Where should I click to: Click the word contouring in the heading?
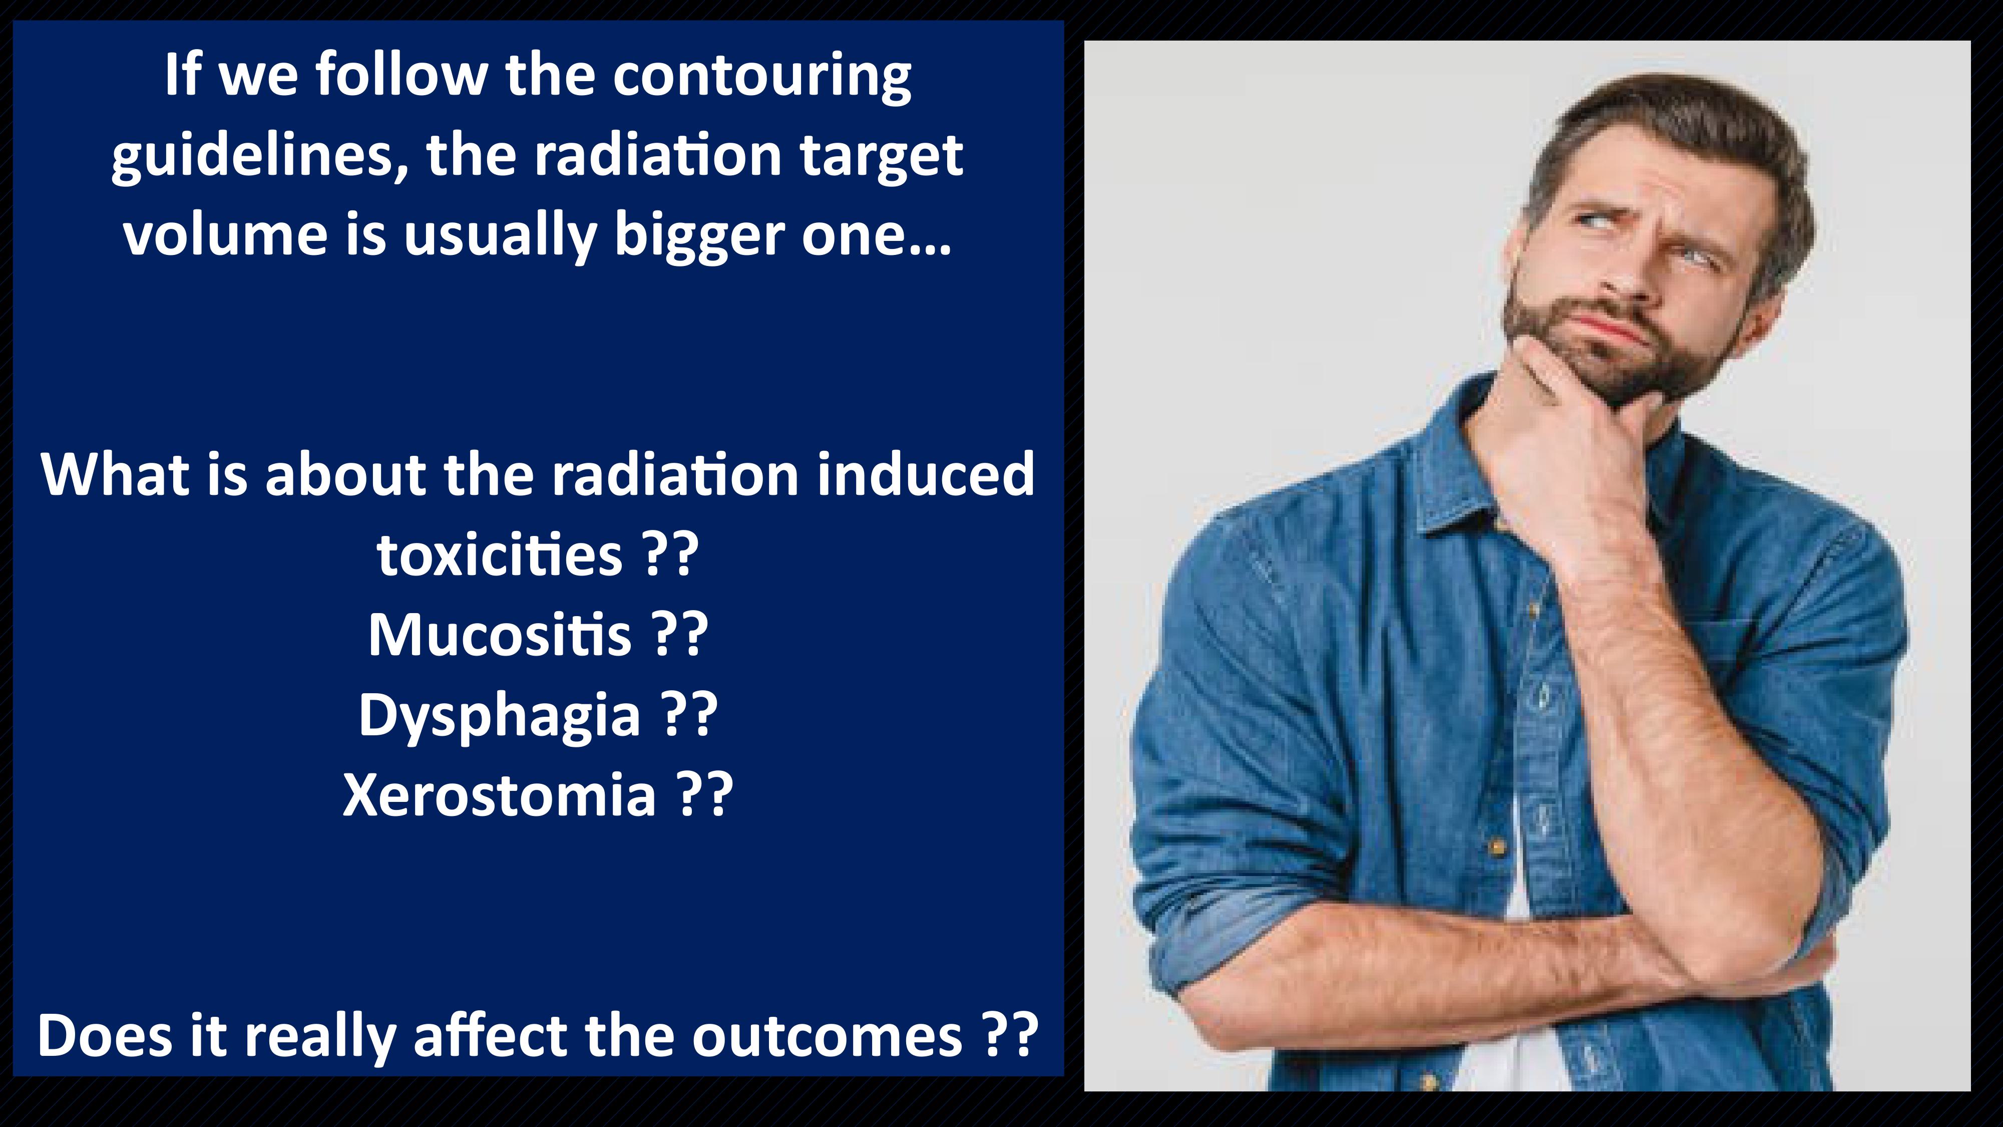tap(762, 78)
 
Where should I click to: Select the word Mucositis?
tap(499, 635)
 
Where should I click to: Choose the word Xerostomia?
tap(499, 795)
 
